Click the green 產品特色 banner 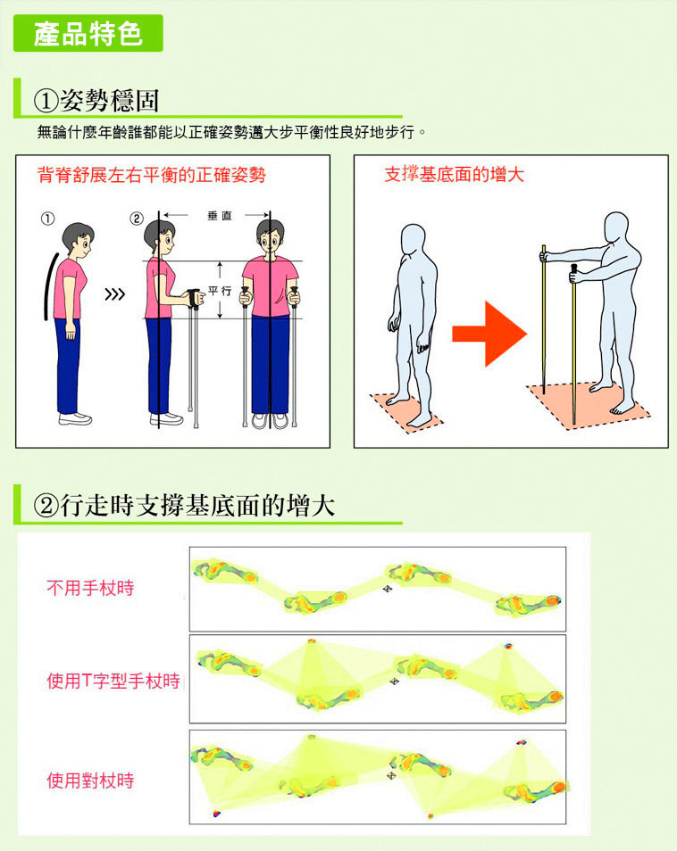click(88, 33)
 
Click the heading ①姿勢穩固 click(96, 101)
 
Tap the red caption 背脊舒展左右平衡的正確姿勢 click(152, 175)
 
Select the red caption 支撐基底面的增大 click(455, 174)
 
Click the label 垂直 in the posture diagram click(220, 216)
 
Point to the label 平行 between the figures click(220, 291)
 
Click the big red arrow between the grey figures click(489, 334)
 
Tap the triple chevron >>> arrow click(114, 294)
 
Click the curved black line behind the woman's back click(49, 285)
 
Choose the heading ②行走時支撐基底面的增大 click(184, 505)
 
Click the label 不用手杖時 click(90, 588)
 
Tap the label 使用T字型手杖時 click(113, 681)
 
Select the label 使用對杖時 click(90, 781)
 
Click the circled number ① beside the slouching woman click(48, 219)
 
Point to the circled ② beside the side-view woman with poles click(136, 219)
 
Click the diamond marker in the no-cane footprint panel click(388, 589)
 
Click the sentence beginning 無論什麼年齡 click(231, 132)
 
